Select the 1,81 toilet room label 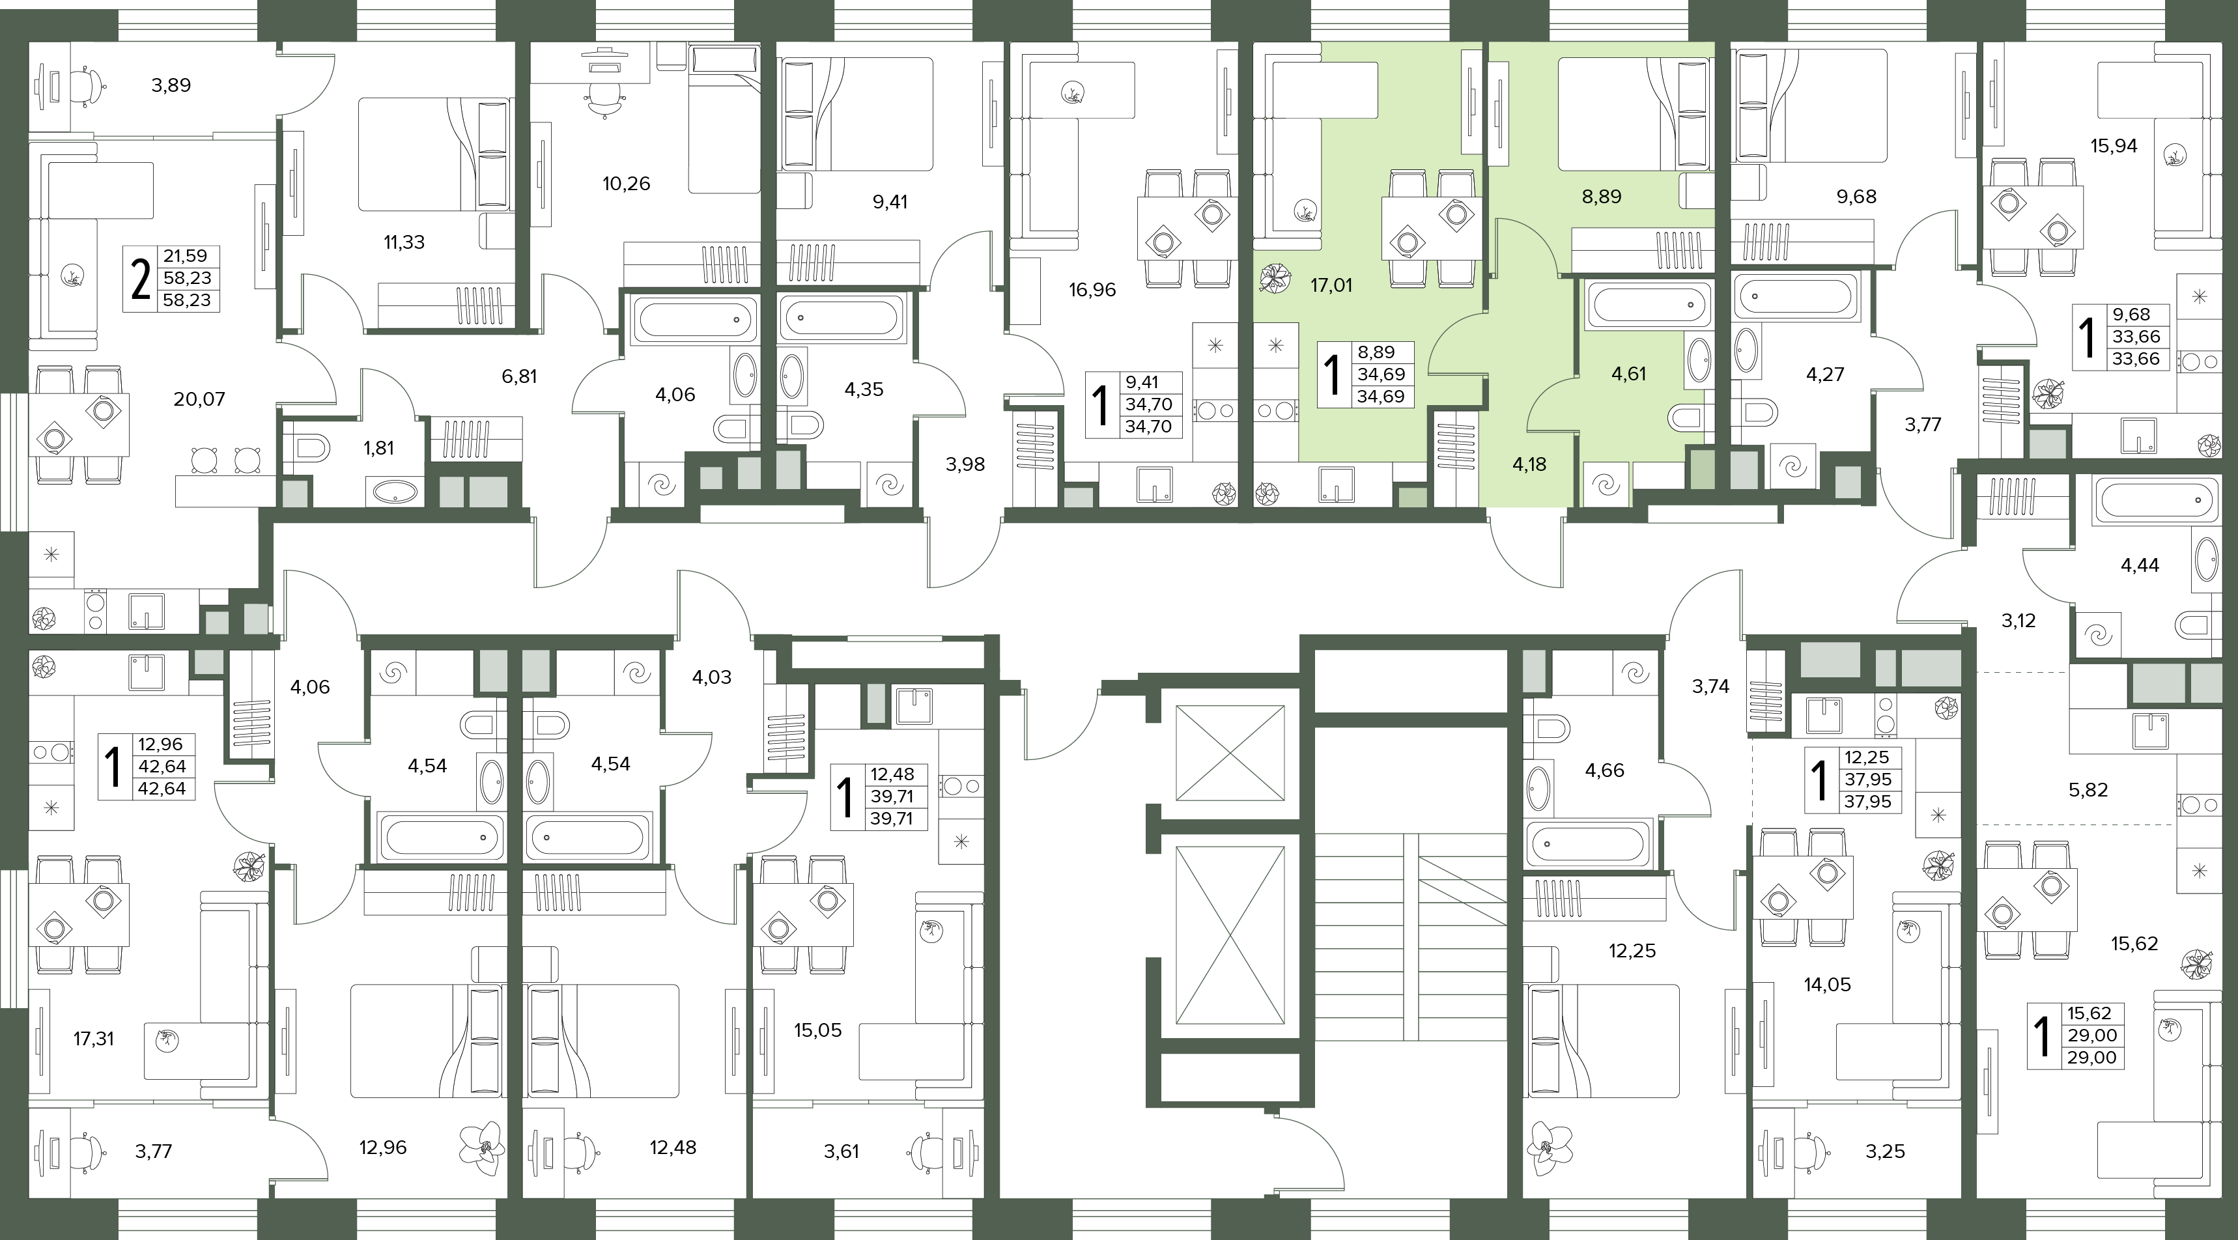pyautogui.click(x=379, y=448)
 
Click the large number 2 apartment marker pyautogui.click(x=140, y=279)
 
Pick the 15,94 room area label pyautogui.click(x=2114, y=146)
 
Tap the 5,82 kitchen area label pyautogui.click(x=2088, y=790)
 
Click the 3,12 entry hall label pyautogui.click(x=2018, y=621)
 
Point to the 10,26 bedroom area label pyautogui.click(x=627, y=184)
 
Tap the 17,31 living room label pyautogui.click(x=93, y=1038)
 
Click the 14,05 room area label pyautogui.click(x=1827, y=985)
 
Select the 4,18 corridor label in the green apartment pyautogui.click(x=1529, y=464)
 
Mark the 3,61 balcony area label pyautogui.click(x=841, y=1151)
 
